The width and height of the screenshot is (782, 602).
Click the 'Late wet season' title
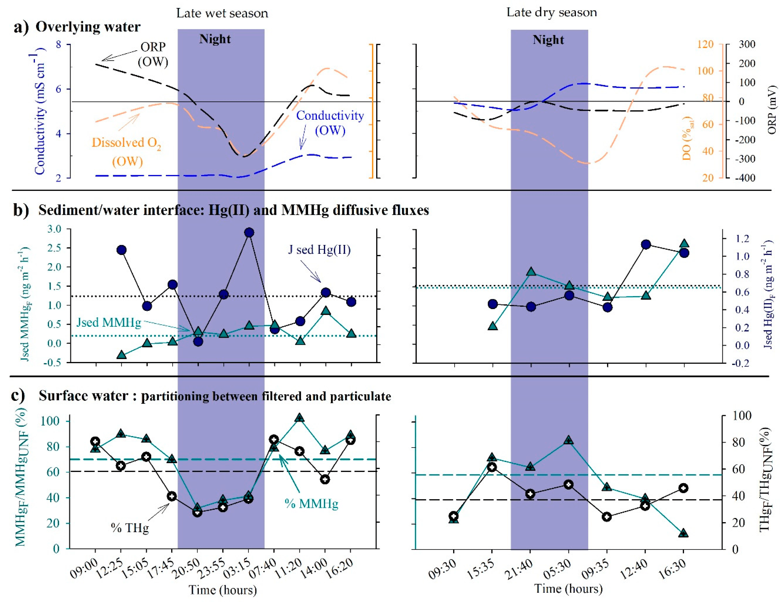[x=222, y=13]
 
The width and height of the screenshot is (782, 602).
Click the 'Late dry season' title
[x=551, y=12]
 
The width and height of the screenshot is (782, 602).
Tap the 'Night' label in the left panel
[x=215, y=39]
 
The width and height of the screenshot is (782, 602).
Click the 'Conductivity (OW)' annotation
[x=330, y=123]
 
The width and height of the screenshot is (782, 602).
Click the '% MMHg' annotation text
[x=311, y=504]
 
